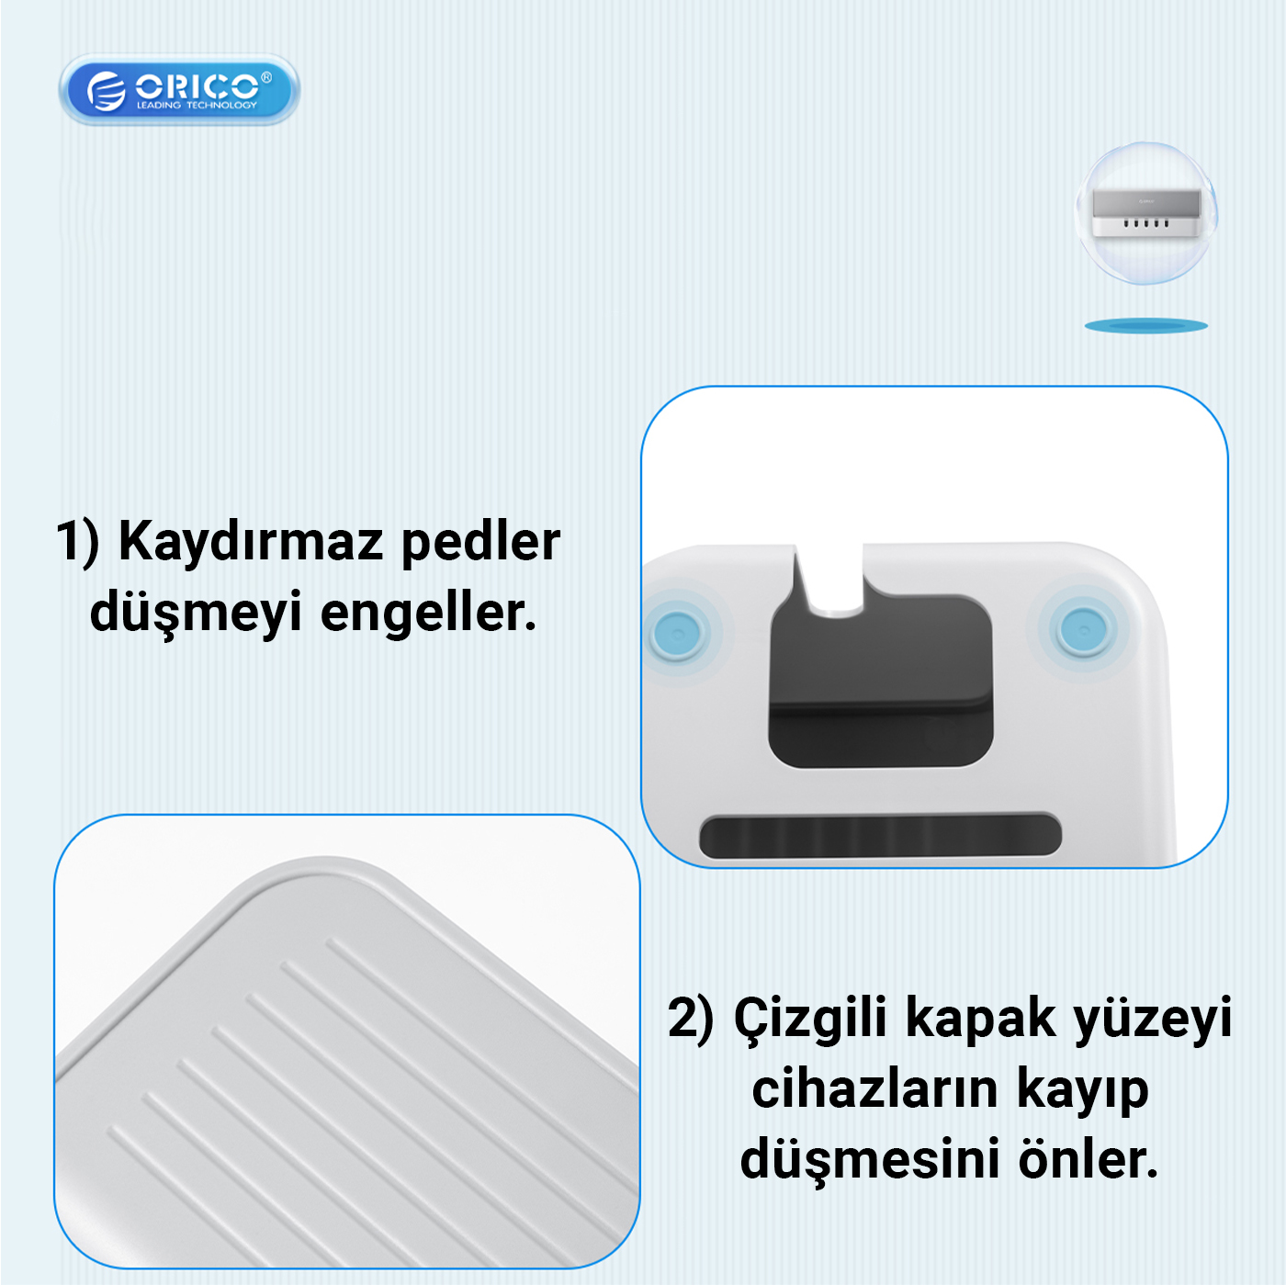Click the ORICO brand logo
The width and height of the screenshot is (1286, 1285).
pos(179,89)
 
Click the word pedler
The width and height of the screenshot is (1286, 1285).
pos(480,541)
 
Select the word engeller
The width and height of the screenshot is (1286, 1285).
pos(428,612)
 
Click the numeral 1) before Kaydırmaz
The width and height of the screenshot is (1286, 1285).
pos(78,542)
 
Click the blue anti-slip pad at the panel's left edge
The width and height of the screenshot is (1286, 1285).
pos(677,632)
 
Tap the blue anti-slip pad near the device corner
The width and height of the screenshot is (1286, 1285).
pos(1083,629)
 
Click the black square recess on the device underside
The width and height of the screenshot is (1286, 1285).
pos(881,681)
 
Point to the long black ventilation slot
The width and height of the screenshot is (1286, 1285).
pos(880,834)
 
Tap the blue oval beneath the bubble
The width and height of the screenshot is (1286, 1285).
pos(1145,326)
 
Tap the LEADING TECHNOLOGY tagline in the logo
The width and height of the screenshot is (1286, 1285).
pos(197,105)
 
